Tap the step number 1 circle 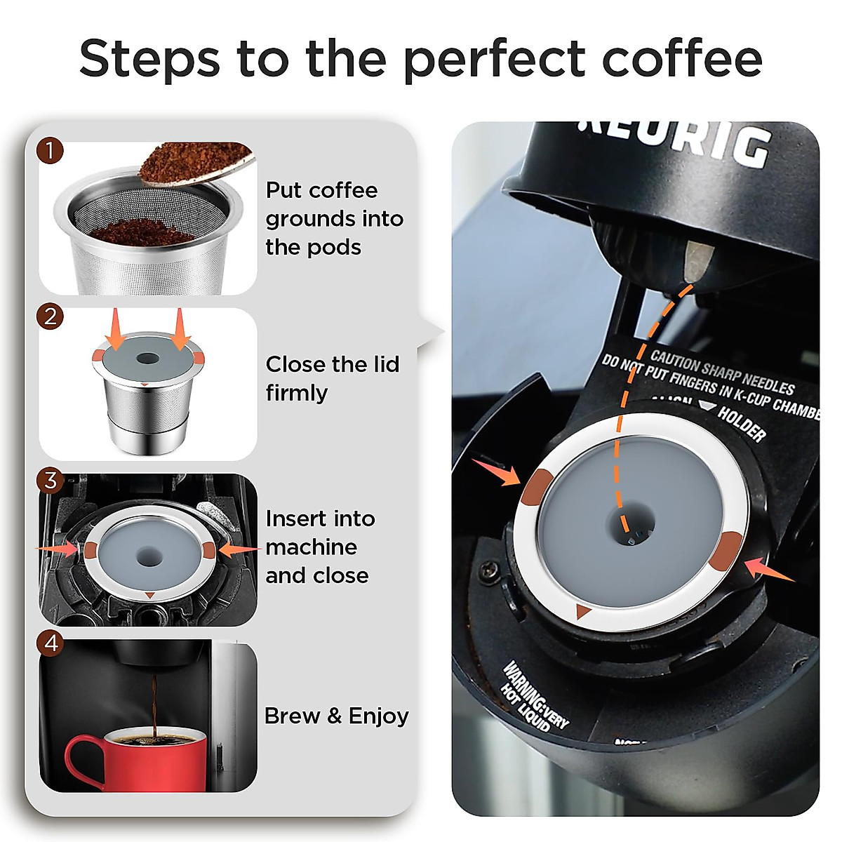coord(51,151)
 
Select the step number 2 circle coord(51,316)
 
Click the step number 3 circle coord(51,481)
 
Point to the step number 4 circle coord(51,643)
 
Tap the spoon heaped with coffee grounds coord(193,163)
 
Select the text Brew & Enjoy coord(336,716)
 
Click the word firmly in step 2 coord(296,393)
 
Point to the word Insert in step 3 coord(295,519)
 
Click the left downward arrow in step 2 coord(116,328)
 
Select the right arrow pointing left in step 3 coord(239,551)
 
